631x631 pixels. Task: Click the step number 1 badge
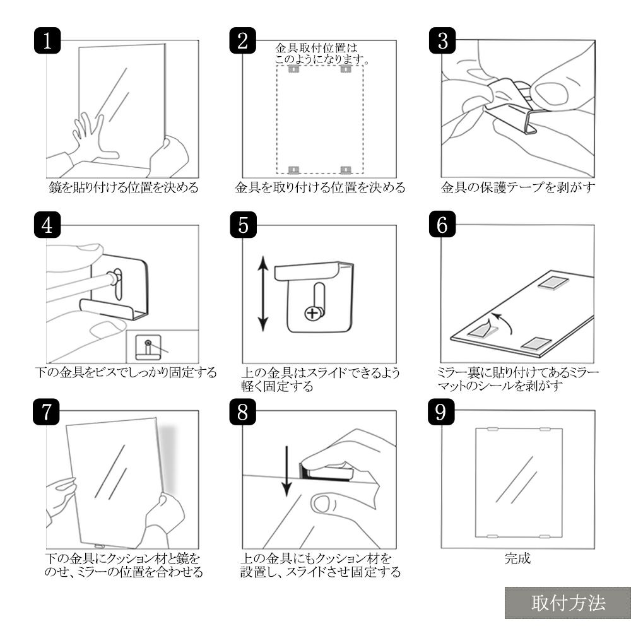(47, 40)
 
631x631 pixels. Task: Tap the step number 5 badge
(243, 225)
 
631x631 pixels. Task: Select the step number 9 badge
(441, 411)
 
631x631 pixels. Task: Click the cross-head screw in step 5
(313, 313)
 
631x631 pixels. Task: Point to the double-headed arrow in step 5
(262, 293)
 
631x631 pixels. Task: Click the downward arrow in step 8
(286, 471)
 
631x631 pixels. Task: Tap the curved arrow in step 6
(504, 321)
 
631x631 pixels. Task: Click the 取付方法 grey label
(568, 603)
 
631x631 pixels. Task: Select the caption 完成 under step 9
(517, 558)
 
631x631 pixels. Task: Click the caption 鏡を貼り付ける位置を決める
(124, 187)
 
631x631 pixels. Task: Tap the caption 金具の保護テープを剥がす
(517, 187)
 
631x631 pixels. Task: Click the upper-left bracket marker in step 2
(294, 69)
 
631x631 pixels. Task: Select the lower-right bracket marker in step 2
(346, 170)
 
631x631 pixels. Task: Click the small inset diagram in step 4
(162, 346)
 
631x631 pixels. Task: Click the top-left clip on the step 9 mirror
(492, 429)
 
